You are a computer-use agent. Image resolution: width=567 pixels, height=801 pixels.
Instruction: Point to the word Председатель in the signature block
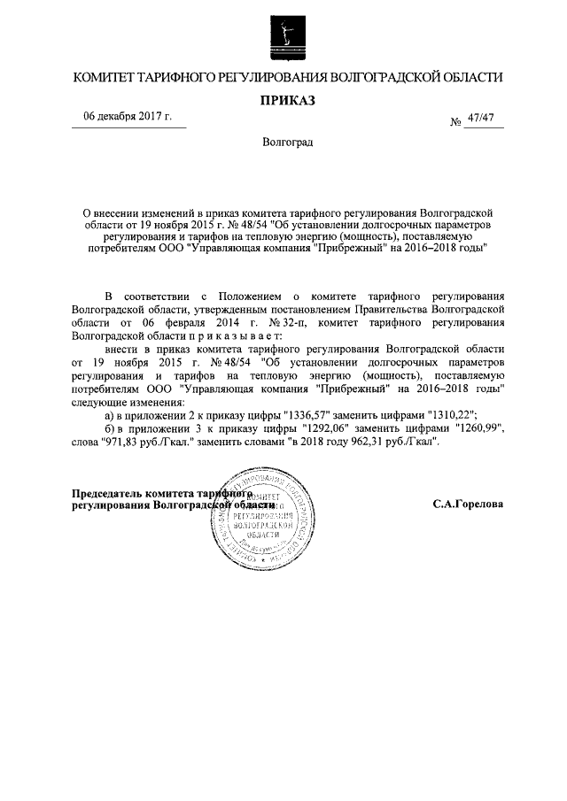[x=111, y=492]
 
